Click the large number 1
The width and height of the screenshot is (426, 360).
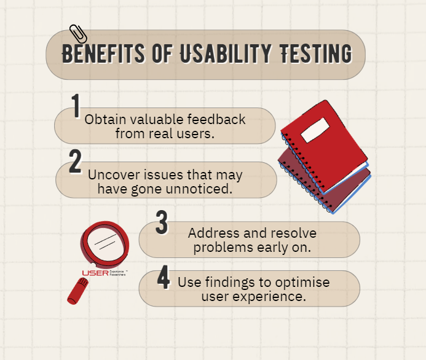(76, 106)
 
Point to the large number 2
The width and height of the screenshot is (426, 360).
(76, 162)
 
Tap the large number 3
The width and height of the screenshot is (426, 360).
(162, 223)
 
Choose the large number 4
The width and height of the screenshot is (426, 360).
(163, 278)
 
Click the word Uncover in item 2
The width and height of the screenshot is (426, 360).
(112, 174)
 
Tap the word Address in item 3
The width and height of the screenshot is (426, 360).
(211, 233)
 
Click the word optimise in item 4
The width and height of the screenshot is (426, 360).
(301, 283)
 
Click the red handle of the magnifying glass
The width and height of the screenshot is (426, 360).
(76, 291)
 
